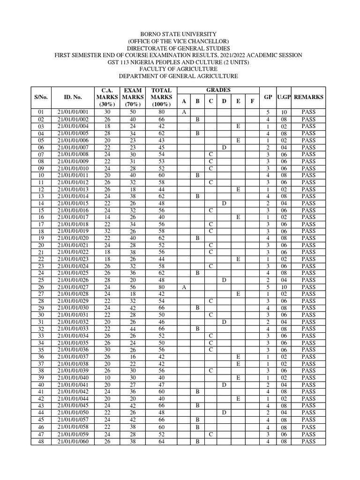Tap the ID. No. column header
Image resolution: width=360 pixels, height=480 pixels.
73,97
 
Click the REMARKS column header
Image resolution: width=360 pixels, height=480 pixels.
308,97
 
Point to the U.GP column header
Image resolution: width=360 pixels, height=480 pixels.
284,97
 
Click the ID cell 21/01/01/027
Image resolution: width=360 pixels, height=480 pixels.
73,287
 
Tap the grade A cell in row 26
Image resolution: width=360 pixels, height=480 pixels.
184,287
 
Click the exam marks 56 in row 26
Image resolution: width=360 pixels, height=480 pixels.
133,287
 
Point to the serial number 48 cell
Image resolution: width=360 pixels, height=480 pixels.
41,441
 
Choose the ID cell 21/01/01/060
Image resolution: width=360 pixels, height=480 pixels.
73,441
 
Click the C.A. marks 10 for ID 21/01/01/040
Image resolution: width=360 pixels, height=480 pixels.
107,378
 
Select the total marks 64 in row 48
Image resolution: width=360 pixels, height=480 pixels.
161,441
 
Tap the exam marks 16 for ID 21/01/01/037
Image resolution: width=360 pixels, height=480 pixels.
133,357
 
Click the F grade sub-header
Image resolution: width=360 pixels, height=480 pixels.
252,101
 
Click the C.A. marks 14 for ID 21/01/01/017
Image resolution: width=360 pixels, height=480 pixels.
107,217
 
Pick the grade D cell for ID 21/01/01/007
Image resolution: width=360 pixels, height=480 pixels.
225,148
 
